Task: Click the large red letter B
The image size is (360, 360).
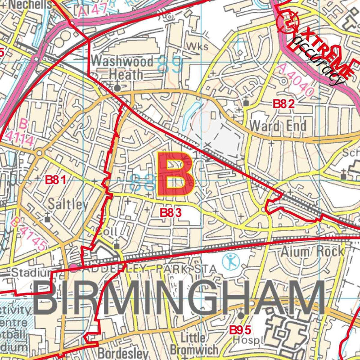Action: click(175, 175)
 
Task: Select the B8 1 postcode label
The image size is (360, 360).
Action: click(56, 180)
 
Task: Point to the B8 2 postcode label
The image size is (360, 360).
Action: click(284, 104)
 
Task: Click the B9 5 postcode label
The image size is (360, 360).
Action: click(240, 330)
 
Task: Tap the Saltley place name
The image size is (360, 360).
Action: click(69, 204)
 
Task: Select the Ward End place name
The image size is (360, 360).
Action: click(278, 125)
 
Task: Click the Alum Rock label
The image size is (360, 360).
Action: click(312, 251)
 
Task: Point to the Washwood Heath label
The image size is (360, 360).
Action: click(117, 67)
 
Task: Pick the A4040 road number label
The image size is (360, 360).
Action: click(295, 81)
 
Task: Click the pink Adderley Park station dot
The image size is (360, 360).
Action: click(73, 268)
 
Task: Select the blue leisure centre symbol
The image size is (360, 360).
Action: click(230, 261)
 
